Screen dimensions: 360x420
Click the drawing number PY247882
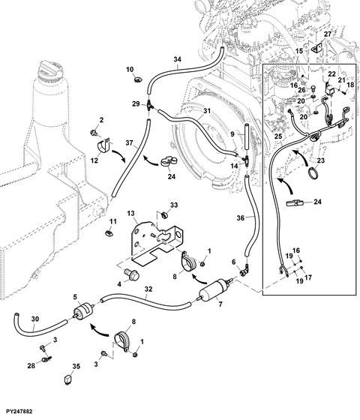(19, 412)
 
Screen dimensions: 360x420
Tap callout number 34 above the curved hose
(177, 59)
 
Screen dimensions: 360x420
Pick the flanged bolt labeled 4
(132, 274)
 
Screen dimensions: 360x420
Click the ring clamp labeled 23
(313, 172)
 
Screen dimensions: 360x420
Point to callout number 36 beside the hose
(240, 218)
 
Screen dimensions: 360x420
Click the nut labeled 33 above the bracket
(165, 214)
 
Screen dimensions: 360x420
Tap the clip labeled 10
(139, 79)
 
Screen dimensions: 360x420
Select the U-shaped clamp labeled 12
(103, 146)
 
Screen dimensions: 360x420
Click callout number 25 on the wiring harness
(278, 136)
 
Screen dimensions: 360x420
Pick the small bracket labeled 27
(316, 49)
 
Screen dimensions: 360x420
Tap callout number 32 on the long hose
(148, 289)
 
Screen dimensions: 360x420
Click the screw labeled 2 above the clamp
(94, 132)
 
